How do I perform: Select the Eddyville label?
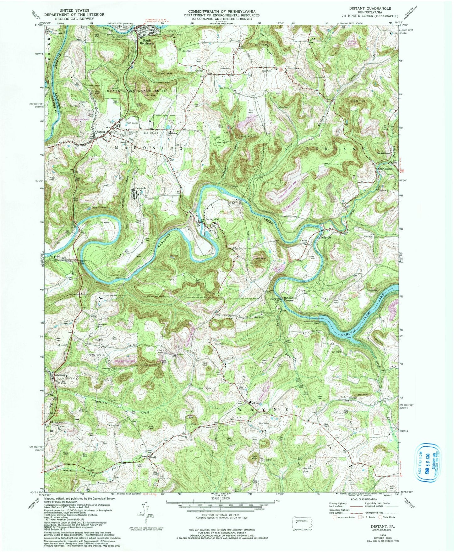(325, 237)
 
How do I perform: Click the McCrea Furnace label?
(288, 299)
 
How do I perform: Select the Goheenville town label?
(61, 375)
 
